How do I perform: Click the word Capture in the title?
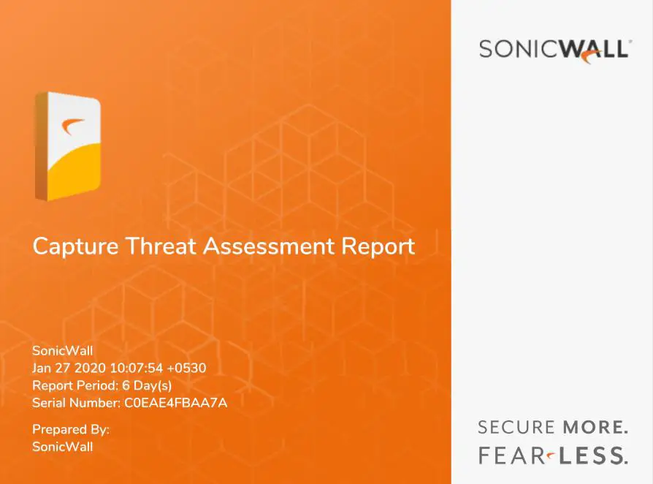[x=75, y=246]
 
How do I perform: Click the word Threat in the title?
[x=161, y=246]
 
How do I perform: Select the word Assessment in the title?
[x=269, y=246]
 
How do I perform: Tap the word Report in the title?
[x=378, y=246]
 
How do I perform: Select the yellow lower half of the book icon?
[x=74, y=172]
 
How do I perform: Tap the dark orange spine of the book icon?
[x=41, y=146]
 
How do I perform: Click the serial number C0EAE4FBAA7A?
[x=176, y=403]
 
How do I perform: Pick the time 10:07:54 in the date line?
[x=136, y=368]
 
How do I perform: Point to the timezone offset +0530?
[x=186, y=368]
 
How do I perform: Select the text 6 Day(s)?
[x=147, y=385]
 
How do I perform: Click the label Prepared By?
[x=71, y=429]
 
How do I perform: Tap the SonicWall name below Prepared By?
[x=63, y=447]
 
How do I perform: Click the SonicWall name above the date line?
[x=63, y=350]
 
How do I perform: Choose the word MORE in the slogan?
[x=595, y=427]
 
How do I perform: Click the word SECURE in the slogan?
[x=516, y=427]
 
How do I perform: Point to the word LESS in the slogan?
[x=593, y=455]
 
